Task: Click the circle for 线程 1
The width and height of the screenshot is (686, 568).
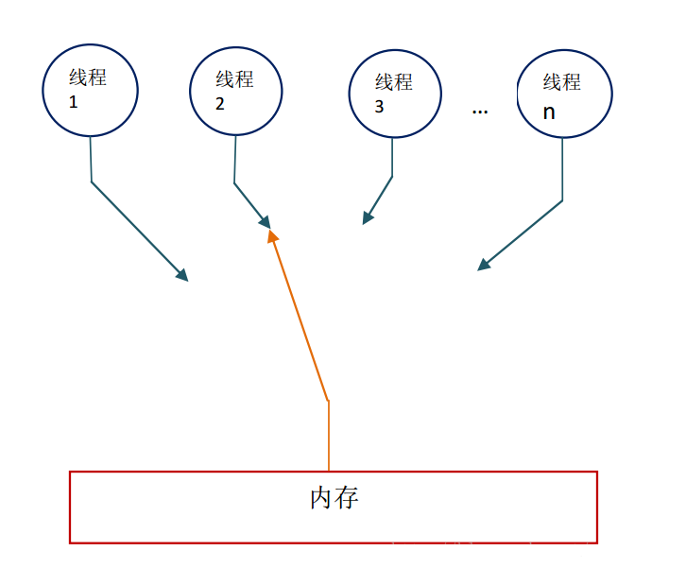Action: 91,90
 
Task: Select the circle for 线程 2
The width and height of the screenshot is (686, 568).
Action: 235,92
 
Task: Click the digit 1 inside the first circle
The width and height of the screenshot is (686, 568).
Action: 74,102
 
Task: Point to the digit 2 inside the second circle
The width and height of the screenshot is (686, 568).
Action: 220,104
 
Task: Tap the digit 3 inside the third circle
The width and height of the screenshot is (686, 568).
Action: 380,107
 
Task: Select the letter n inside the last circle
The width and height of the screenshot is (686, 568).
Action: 549,112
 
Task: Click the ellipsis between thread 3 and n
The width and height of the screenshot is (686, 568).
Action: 480,112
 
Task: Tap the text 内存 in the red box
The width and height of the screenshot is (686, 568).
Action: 334,498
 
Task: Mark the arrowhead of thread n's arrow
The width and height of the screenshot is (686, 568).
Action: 483,266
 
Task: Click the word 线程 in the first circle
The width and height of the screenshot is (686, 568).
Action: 88,77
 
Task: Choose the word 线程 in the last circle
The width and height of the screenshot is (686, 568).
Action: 562,82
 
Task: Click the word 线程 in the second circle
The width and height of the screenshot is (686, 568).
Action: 234,79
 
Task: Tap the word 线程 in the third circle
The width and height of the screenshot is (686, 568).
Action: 394,82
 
